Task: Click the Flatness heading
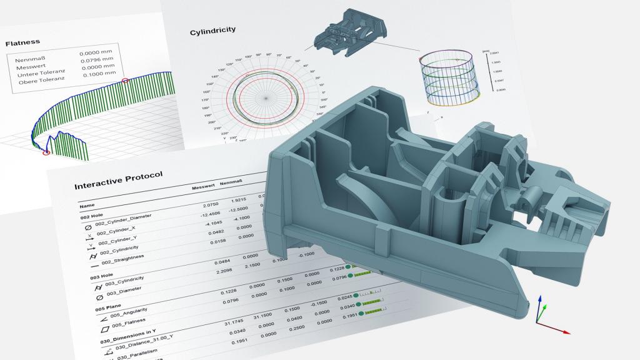tap(22, 43)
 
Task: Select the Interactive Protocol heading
tap(118, 180)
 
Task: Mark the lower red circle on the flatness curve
tap(46, 152)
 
